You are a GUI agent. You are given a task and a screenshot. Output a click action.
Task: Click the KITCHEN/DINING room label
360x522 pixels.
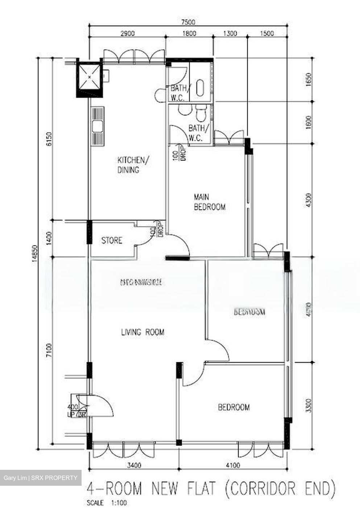[x=129, y=165]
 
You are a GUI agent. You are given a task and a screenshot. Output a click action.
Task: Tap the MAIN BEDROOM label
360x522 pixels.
[x=209, y=202]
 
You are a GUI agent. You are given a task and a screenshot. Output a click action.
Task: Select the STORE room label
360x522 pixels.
[x=112, y=240]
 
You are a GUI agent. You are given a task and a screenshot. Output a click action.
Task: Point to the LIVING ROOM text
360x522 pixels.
[x=142, y=332]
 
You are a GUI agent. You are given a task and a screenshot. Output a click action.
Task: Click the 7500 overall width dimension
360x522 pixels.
[x=188, y=22]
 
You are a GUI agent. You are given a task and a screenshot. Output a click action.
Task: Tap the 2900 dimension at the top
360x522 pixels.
[x=127, y=34]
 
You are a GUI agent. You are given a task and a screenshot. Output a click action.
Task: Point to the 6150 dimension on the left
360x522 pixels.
[x=50, y=139]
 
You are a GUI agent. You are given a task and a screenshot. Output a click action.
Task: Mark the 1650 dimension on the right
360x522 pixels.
[x=309, y=79]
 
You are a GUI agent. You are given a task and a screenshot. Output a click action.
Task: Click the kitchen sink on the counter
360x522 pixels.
[x=97, y=127]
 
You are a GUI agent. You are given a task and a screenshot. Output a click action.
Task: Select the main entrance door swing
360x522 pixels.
[x=100, y=406]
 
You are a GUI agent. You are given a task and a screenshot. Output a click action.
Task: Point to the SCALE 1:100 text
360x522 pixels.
[x=107, y=503]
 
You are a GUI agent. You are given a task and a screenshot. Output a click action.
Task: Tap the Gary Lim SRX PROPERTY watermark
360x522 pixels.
[x=41, y=478]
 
